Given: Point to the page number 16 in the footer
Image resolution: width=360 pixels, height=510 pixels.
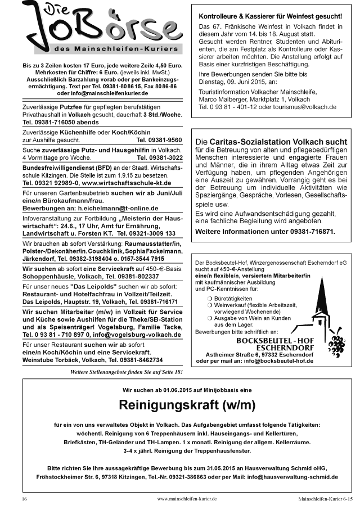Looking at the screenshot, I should click(x=25, y=499).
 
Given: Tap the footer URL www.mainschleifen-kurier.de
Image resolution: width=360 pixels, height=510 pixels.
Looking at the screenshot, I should click(x=187, y=499).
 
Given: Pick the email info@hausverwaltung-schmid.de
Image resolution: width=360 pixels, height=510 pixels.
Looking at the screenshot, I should click(x=291, y=477).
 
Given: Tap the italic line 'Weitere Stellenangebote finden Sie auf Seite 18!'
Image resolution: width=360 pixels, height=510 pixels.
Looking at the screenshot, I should click(x=126, y=372).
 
